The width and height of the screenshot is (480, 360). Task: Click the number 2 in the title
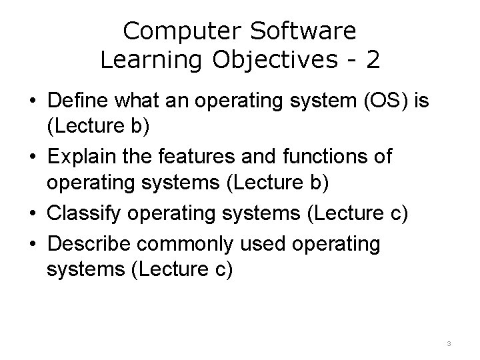point(373,60)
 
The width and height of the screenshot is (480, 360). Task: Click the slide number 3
point(449,344)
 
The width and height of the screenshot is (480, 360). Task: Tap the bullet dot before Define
point(31,104)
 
